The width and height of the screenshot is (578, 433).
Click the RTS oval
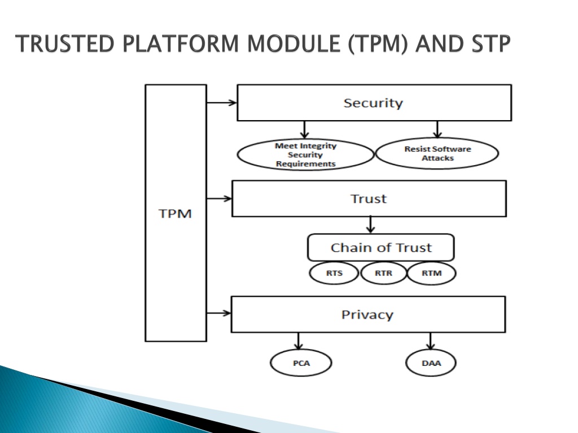click(x=334, y=273)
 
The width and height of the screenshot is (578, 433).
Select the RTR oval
click(x=383, y=273)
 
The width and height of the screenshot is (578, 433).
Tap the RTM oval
click(x=432, y=273)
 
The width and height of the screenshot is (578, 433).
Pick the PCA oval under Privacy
click(x=301, y=363)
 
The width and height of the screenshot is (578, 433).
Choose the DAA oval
click(x=431, y=363)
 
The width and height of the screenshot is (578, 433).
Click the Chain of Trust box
click(x=381, y=248)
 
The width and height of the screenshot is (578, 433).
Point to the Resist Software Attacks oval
click(x=437, y=153)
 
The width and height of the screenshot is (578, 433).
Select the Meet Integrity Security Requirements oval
click(x=305, y=154)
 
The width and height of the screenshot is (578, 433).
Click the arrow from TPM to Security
click(x=221, y=103)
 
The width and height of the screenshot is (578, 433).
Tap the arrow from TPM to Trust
click(x=220, y=199)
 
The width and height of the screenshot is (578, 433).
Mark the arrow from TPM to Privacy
click(x=219, y=313)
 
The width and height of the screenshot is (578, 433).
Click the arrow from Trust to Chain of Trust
click(x=370, y=225)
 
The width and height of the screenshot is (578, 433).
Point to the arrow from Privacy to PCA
click(x=298, y=341)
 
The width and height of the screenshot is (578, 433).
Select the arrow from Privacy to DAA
click(x=430, y=341)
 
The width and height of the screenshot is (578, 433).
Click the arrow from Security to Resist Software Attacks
click(x=437, y=129)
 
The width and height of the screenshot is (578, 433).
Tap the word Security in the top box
click(x=373, y=103)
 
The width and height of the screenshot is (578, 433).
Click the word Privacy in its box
click(x=367, y=315)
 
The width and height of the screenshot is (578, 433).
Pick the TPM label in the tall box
click(x=175, y=214)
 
